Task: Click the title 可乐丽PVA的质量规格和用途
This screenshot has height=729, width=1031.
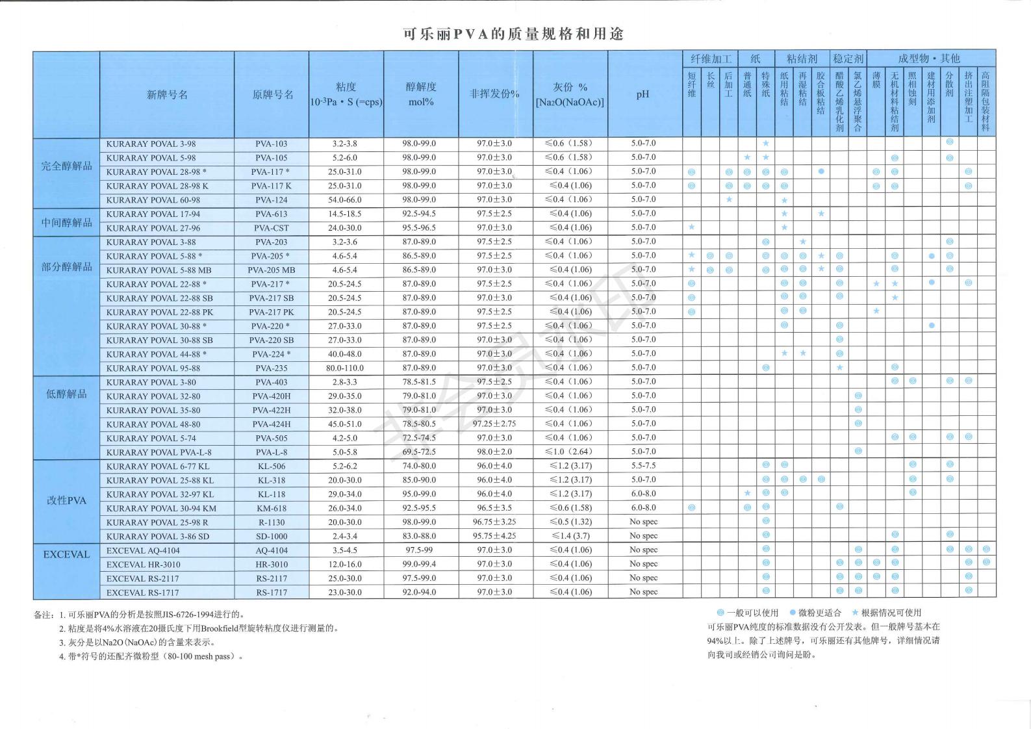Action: click(x=513, y=34)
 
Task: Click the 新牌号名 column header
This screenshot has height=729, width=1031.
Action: click(x=167, y=95)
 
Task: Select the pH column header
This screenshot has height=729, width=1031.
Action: click(x=643, y=95)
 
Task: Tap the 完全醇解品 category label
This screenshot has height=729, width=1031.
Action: click(x=66, y=166)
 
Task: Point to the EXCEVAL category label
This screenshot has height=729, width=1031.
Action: click(x=66, y=555)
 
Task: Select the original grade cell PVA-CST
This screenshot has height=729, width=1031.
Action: click(x=272, y=228)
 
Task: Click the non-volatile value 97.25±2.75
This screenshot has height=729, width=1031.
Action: click(x=494, y=424)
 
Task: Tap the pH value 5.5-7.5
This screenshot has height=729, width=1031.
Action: click(x=643, y=466)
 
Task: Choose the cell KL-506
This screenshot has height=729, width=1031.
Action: click(x=272, y=467)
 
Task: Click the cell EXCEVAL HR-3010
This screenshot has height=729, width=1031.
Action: click(x=144, y=565)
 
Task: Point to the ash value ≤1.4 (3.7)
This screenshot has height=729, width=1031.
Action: click(x=570, y=536)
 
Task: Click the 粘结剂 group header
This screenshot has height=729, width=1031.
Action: click(x=802, y=58)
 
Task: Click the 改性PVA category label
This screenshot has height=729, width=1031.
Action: click(x=66, y=501)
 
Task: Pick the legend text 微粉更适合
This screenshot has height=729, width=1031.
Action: click(x=819, y=613)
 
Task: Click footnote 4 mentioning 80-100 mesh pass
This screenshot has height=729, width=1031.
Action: click(x=151, y=656)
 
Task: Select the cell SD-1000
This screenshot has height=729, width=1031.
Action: click(x=272, y=537)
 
